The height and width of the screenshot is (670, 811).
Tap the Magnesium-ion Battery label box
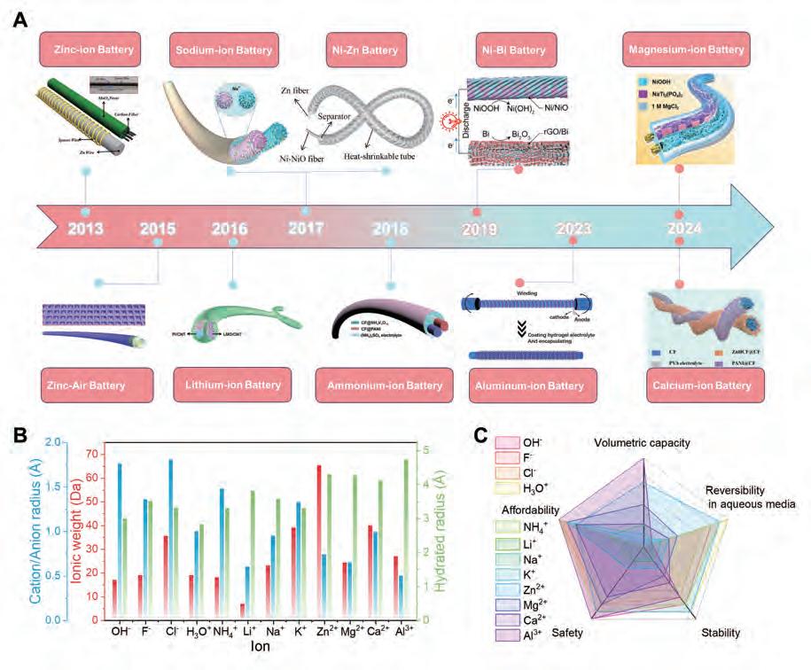tap(684, 50)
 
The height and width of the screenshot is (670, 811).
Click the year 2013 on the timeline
tap(85, 229)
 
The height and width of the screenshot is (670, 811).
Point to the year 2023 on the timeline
tap(573, 229)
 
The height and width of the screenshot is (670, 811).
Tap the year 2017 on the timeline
tap(306, 228)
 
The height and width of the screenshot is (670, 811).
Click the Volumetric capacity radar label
tap(642, 443)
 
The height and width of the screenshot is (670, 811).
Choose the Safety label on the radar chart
tap(566, 634)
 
